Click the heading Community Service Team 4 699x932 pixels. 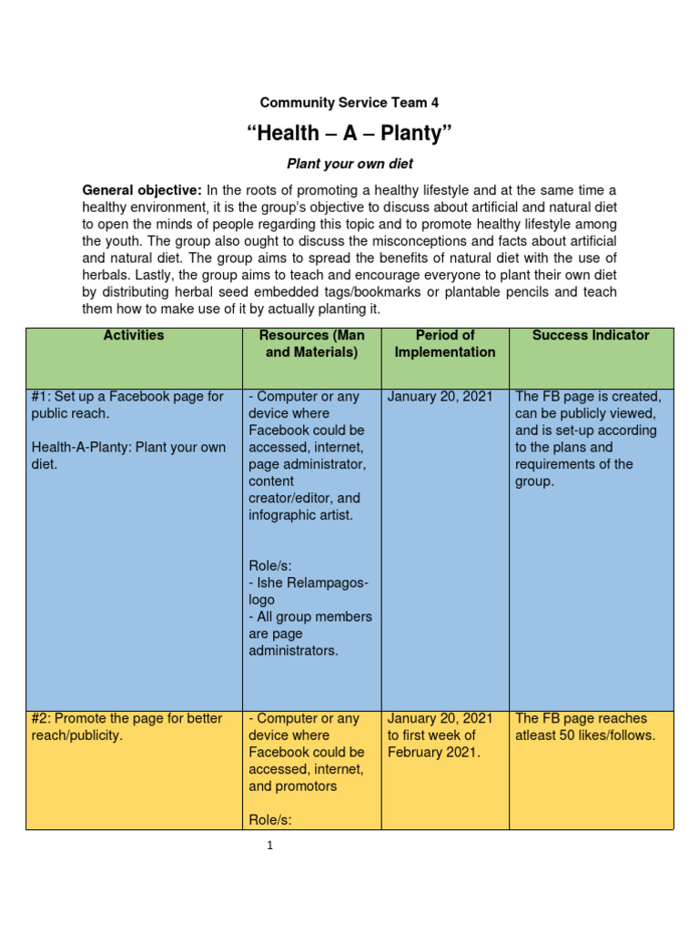pyautogui.click(x=349, y=103)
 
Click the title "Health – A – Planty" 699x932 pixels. pyautogui.click(x=349, y=135)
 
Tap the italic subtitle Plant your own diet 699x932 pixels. pyautogui.click(x=349, y=164)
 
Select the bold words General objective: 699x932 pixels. pyautogui.click(x=142, y=190)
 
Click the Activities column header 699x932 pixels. pyautogui.click(x=134, y=335)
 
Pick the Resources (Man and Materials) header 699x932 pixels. pyautogui.click(x=310, y=343)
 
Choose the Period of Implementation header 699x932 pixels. pyautogui.click(x=445, y=343)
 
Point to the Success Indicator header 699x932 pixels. pyautogui.click(x=591, y=335)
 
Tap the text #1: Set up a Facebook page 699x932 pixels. pyautogui.click(x=127, y=397)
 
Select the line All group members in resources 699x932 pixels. pyautogui.click(x=310, y=617)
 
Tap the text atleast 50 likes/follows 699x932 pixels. pyautogui.click(x=585, y=735)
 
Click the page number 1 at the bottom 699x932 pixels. pyautogui.click(x=270, y=846)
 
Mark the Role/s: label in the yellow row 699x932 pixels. pyautogui.click(x=270, y=820)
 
